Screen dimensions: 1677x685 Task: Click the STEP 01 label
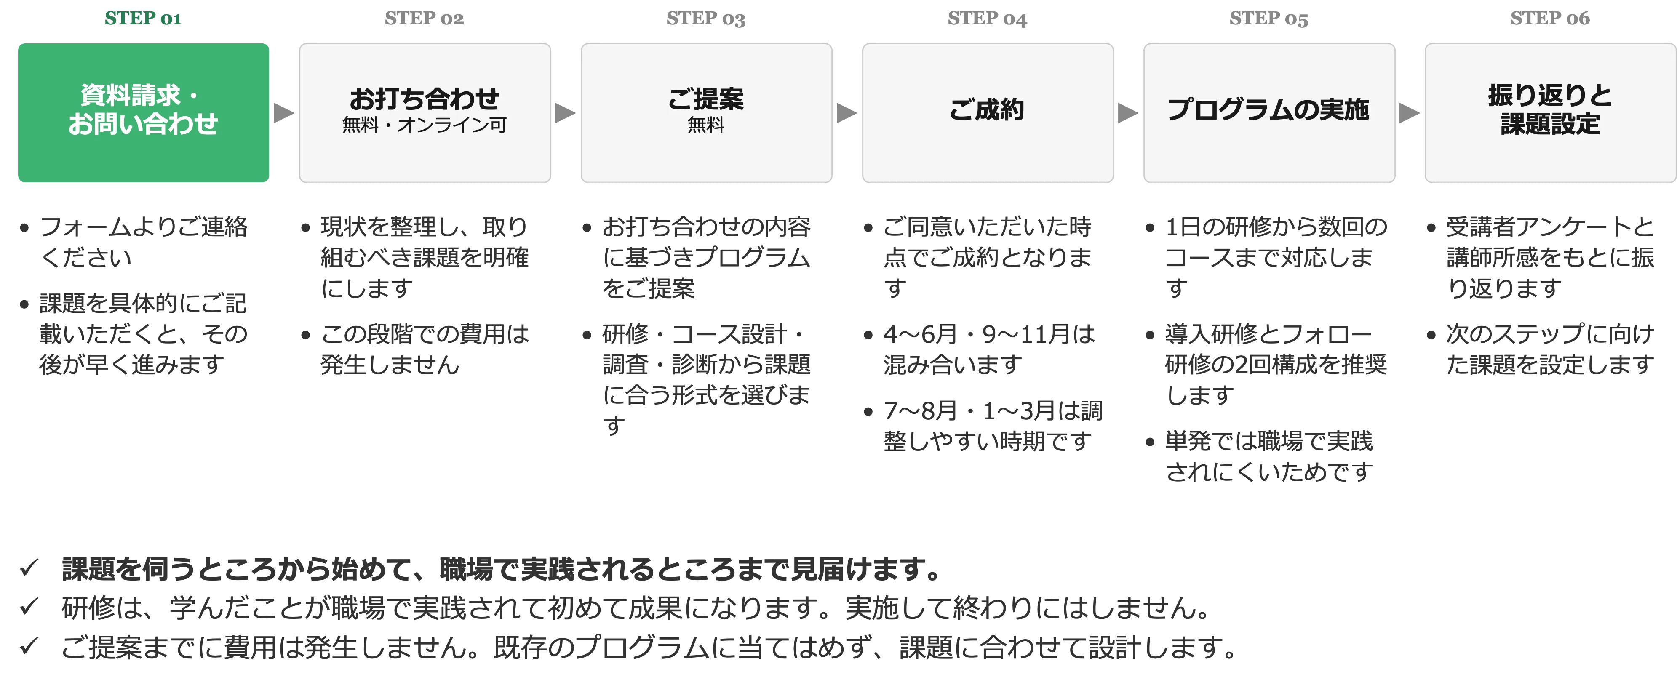coord(143,18)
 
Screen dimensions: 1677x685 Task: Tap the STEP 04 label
coord(987,18)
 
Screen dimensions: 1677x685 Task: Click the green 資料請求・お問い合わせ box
coord(143,112)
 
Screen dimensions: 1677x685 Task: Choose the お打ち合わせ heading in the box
coord(425,99)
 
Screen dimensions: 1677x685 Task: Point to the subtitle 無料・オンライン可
coord(425,125)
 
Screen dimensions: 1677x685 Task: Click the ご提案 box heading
coord(706,99)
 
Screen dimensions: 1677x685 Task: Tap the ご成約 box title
coord(987,109)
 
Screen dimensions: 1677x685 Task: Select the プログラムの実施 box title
coord(1268,109)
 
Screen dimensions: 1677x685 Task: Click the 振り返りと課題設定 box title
coord(1550,109)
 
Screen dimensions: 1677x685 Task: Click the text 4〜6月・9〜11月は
coord(989,334)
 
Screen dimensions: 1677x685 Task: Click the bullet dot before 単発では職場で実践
coord(1150,443)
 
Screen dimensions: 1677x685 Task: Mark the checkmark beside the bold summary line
coord(29,568)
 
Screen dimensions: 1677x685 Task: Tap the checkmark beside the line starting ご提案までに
coord(29,646)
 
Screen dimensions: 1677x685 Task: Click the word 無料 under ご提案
coord(706,125)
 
